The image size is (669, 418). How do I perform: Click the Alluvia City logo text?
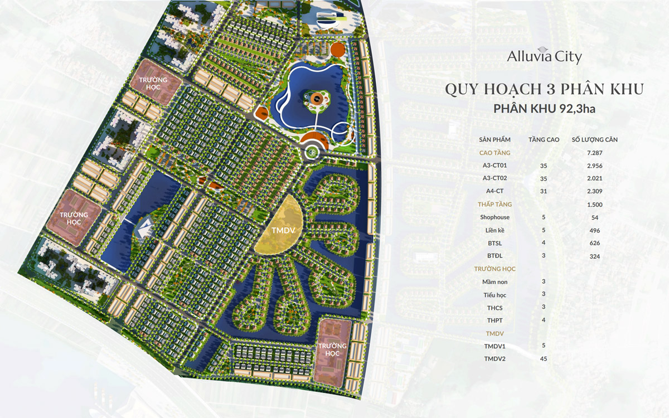544,57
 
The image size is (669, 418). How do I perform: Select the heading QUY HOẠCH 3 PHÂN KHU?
544,89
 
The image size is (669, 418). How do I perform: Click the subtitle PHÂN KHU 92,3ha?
544,109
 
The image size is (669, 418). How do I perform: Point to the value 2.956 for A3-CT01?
594,166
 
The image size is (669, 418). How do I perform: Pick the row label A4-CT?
495,191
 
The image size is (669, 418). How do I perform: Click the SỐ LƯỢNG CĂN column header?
595,139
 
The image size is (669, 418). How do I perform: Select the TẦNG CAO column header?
544,139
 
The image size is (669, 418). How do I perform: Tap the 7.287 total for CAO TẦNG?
594,153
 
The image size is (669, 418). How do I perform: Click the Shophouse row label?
495,217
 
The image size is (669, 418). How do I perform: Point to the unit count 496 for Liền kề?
594,230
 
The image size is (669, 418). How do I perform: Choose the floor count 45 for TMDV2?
544,358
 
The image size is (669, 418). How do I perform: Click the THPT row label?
495,320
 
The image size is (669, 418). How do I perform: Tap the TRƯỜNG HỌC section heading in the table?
495,269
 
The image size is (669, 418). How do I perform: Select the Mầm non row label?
495,282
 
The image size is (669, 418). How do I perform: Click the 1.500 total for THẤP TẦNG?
594,205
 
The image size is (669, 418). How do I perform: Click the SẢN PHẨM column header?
495,139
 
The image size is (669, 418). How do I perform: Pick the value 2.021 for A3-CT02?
594,178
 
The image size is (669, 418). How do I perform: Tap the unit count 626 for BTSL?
594,243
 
